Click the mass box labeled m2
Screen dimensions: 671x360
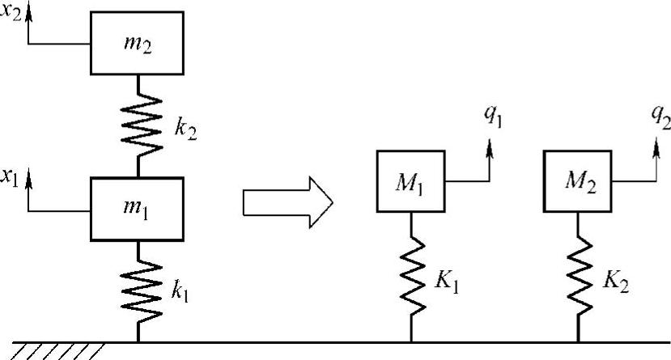click(x=137, y=43)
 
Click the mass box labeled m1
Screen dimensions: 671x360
click(x=137, y=209)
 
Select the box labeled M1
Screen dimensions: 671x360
click(x=411, y=181)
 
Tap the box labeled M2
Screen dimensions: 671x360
click(x=578, y=181)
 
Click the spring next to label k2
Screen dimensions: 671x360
click(x=141, y=125)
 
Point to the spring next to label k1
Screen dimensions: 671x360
click(x=141, y=291)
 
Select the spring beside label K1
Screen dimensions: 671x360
click(x=413, y=276)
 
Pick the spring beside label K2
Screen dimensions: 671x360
click(x=580, y=276)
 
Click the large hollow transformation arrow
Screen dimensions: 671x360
click(x=288, y=202)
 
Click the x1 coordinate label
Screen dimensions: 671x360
click(x=10, y=177)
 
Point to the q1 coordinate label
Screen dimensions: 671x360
click(x=493, y=116)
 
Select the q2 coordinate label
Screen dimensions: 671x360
click(x=660, y=116)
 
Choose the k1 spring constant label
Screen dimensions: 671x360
click(x=180, y=291)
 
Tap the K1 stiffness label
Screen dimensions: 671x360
click(x=446, y=282)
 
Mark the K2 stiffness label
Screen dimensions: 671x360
click(x=616, y=282)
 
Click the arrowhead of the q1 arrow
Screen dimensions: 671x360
click(x=490, y=149)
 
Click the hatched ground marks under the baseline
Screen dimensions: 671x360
click(x=57, y=351)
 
